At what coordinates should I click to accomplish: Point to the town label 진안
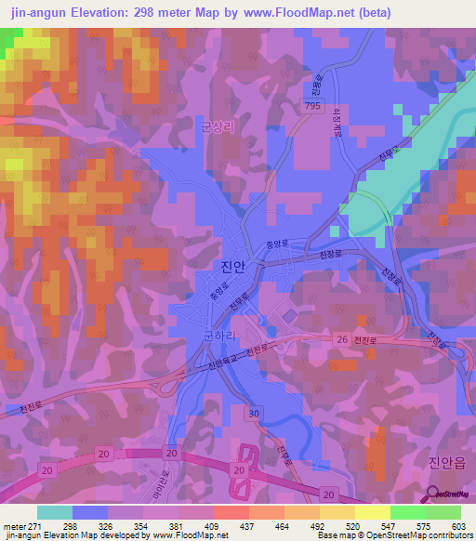tap(233, 267)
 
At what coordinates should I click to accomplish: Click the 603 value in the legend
tap(460, 525)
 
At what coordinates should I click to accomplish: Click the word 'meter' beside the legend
tap(13, 525)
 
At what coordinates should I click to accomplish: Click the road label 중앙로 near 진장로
tap(272, 246)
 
